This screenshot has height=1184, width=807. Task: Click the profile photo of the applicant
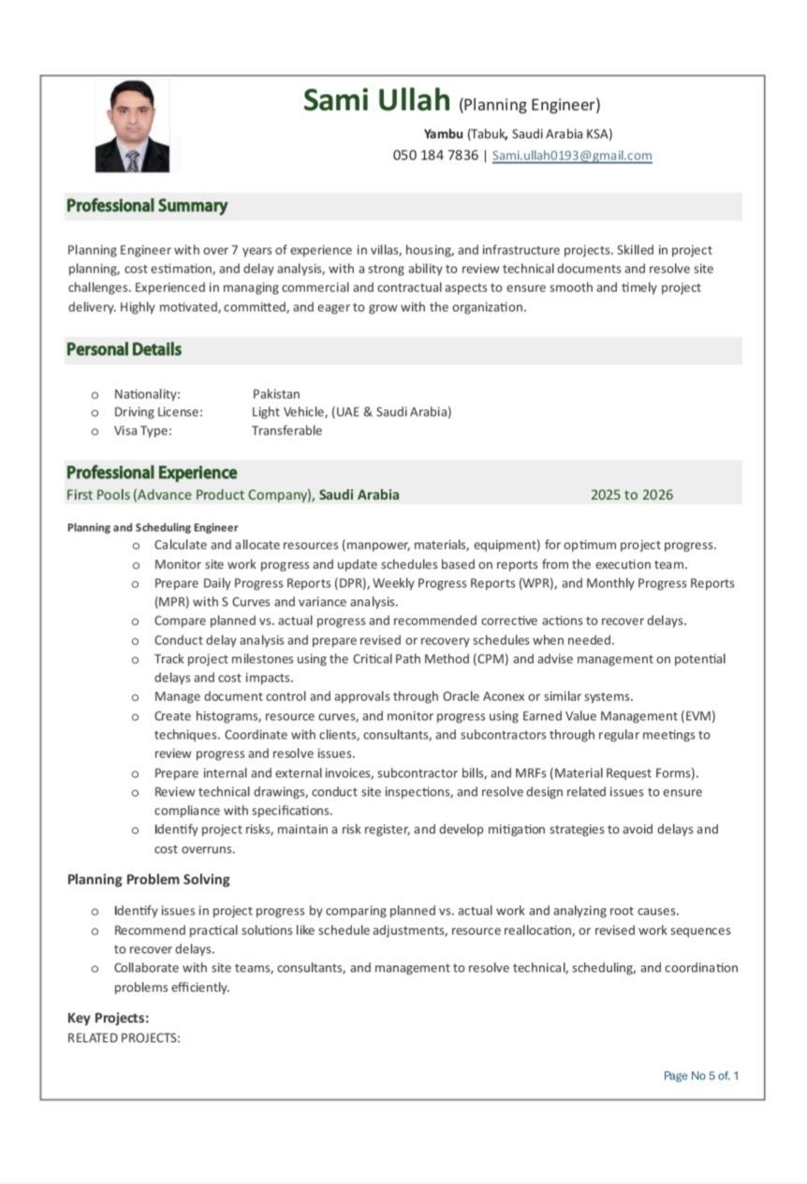[x=132, y=126]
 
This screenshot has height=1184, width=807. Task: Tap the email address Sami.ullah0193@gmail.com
[x=572, y=155]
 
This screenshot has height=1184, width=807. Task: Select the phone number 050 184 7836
[x=435, y=155]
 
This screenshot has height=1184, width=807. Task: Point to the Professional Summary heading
[x=147, y=206]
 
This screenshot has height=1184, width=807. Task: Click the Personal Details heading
[x=124, y=349]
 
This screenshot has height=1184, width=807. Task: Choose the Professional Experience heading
[x=152, y=473]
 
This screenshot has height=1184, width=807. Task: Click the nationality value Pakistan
[x=276, y=394]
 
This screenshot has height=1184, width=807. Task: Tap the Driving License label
[x=158, y=412]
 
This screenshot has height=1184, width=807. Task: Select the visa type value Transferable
[x=286, y=431]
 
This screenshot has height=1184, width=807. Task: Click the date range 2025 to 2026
[x=631, y=495]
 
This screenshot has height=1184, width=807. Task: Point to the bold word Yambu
[x=443, y=134]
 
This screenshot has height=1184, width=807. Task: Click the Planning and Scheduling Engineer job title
[x=153, y=527]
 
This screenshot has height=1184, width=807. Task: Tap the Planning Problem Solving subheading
[x=148, y=880]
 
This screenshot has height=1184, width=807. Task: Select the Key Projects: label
[x=109, y=1018]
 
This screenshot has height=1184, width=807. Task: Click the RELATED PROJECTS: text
[x=124, y=1038]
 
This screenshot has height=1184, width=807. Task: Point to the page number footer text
[x=700, y=1075]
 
